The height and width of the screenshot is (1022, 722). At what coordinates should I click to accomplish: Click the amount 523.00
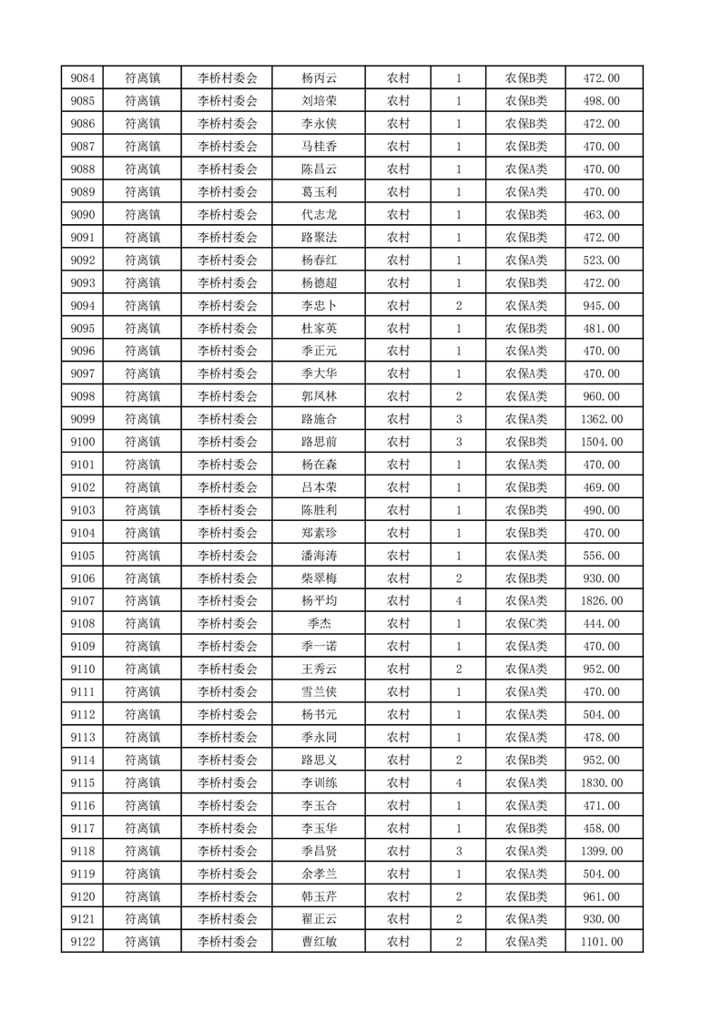pyautogui.click(x=601, y=261)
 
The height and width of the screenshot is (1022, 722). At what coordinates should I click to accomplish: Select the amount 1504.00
pyautogui.click(x=601, y=442)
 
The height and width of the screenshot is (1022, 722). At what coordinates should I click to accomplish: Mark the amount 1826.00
pyautogui.click(x=601, y=601)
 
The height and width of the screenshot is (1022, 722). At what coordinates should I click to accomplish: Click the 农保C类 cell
pyautogui.click(x=525, y=624)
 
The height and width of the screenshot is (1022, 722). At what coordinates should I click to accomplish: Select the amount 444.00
pyautogui.click(x=601, y=624)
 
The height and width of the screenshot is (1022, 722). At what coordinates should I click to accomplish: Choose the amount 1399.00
pyautogui.click(x=601, y=851)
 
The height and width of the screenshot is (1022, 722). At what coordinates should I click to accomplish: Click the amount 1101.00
pyautogui.click(x=601, y=942)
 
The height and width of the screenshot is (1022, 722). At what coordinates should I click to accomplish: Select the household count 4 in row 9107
pyautogui.click(x=458, y=601)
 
